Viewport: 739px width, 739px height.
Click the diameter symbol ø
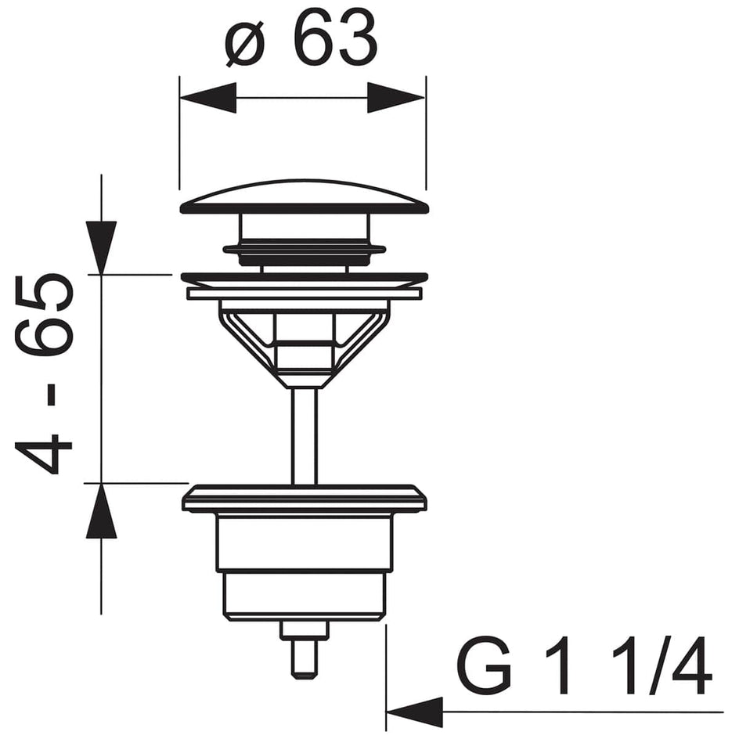point(245,42)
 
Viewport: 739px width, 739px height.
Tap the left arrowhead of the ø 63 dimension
point(208,98)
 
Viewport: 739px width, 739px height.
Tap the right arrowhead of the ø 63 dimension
point(396,98)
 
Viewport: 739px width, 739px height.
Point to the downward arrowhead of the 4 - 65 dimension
point(101,247)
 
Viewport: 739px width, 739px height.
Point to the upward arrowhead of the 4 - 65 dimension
point(101,510)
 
